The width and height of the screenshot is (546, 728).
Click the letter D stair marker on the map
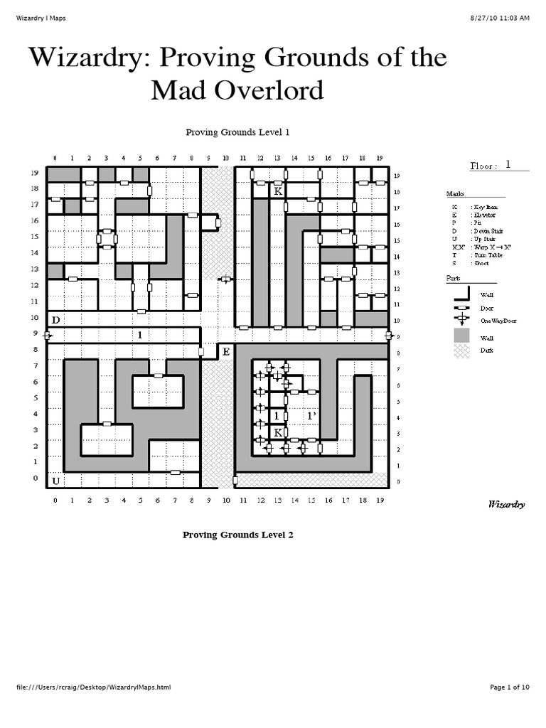(55, 321)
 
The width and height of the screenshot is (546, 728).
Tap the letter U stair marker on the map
(55, 481)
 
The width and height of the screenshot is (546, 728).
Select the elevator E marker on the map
(226, 352)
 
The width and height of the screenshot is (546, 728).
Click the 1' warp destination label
(311, 416)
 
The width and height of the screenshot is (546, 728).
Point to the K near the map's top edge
(277, 191)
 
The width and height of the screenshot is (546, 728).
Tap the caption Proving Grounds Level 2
(237, 535)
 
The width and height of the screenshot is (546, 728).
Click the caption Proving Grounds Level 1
(237, 132)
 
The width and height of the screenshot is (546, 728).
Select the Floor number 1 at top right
(508, 164)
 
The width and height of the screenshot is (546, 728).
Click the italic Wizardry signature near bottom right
(506, 505)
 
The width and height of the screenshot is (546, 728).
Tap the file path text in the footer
(93, 687)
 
